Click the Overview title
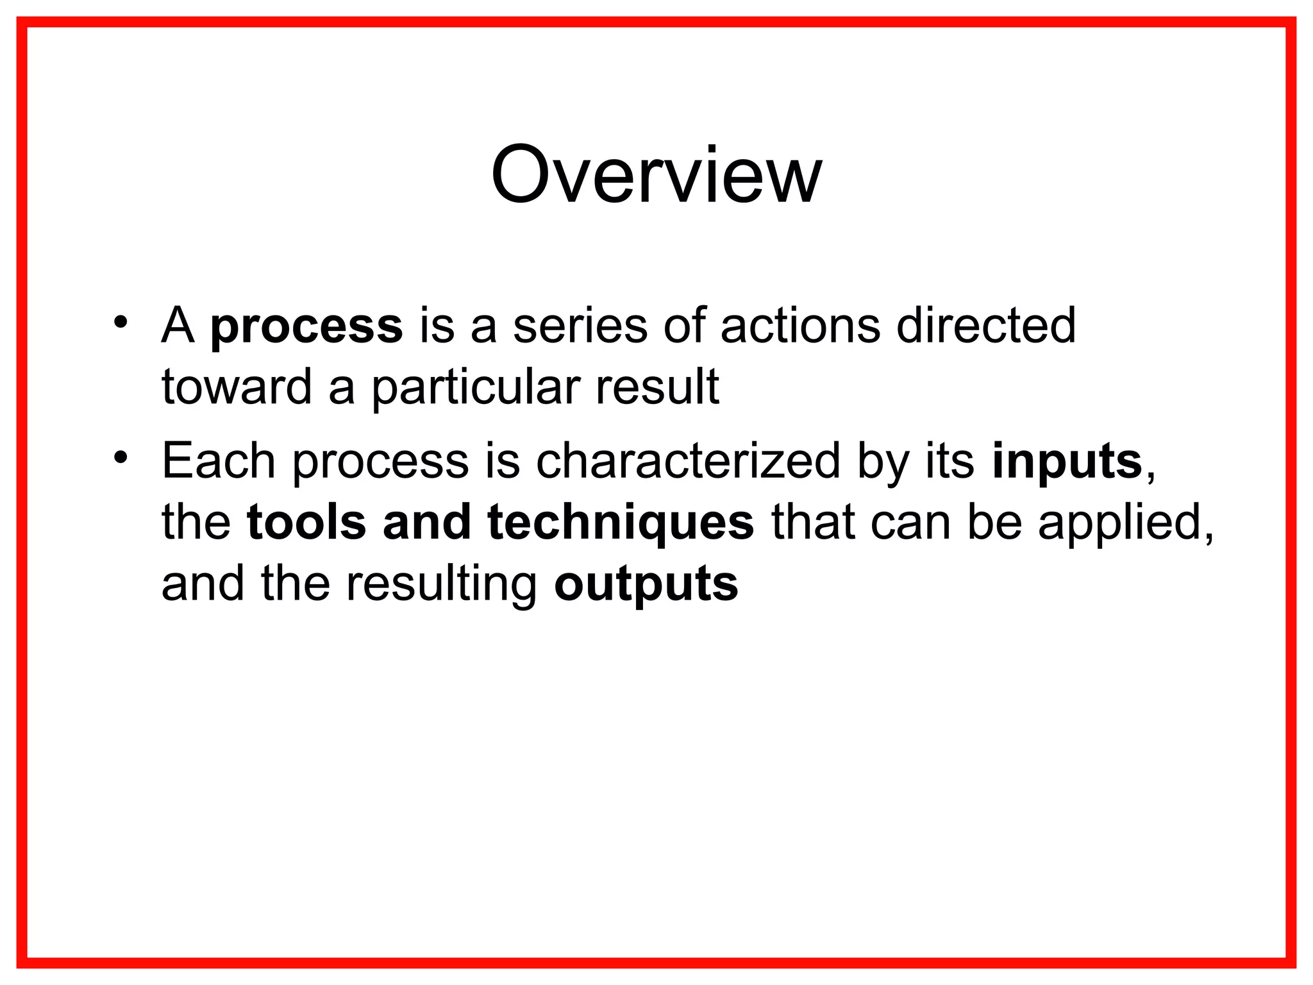656,175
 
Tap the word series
580,325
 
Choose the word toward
236,387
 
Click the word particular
476,388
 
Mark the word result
657,387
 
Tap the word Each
218,460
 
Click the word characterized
687,460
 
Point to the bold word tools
306,522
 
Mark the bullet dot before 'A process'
121,321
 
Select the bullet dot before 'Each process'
121,457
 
